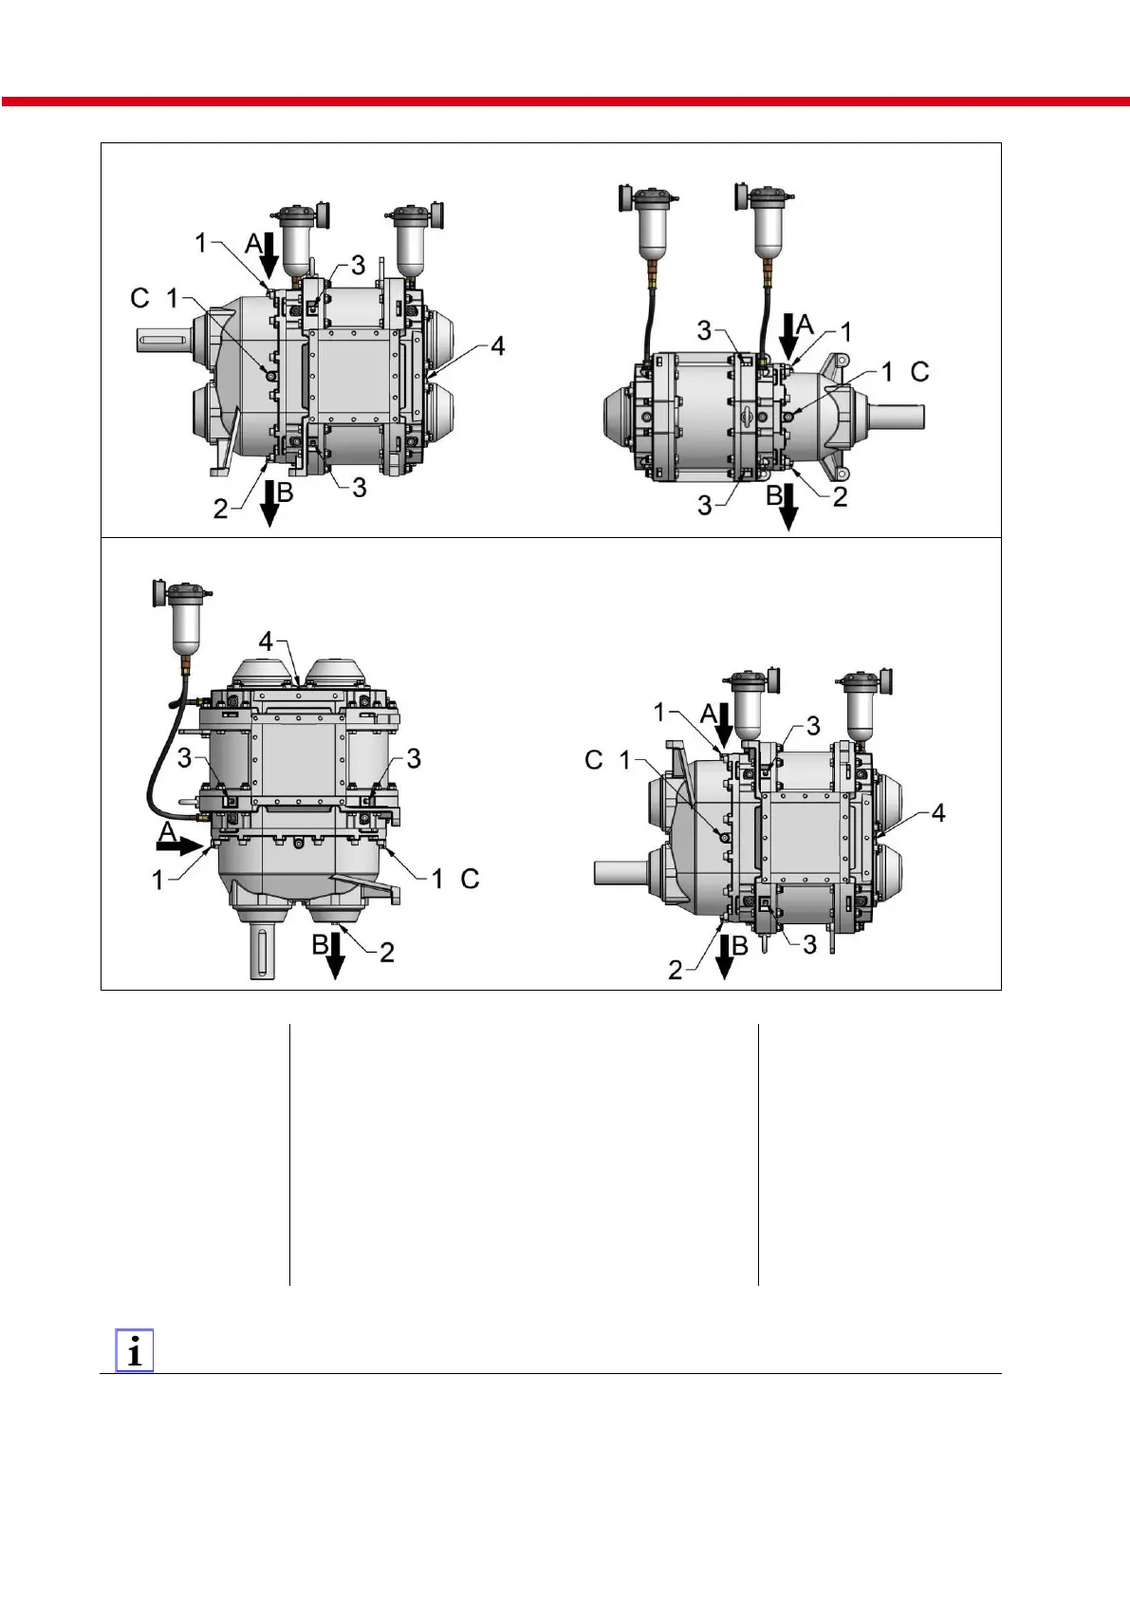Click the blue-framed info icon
(x=135, y=1350)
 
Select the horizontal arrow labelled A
(x=179, y=846)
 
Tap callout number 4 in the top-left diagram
(x=497, y=346)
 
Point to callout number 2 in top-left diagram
(x=220, y=509)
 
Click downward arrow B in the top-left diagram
(x=269, y=504)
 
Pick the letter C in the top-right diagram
(x=919, y=372)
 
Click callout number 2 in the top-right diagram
(x=841, y=497)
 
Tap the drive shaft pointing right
(x=896, y=417)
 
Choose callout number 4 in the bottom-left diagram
(x=266, y=641)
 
